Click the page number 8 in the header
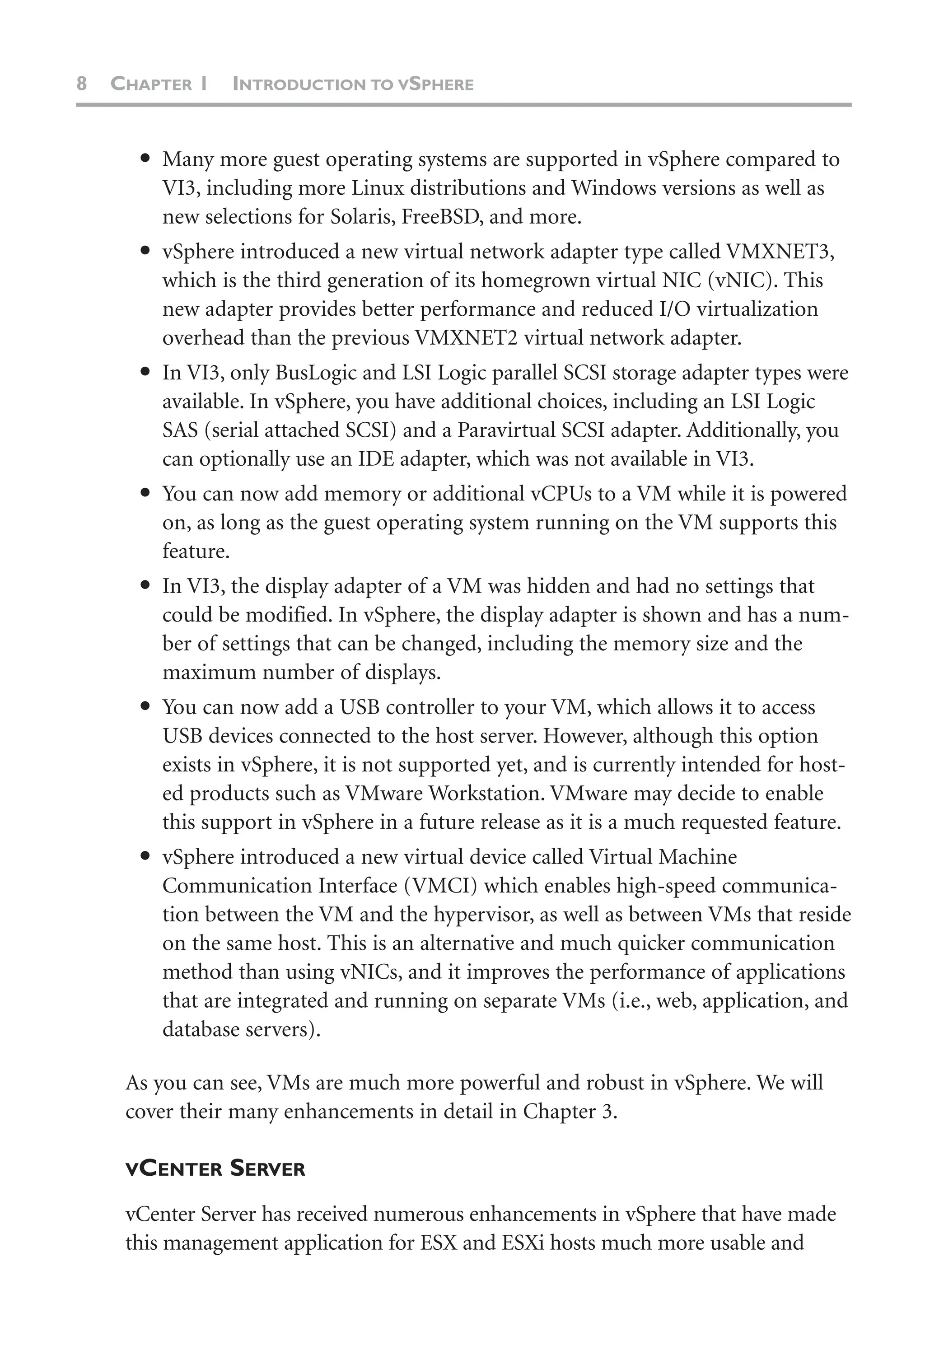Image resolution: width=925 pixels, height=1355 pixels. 82,84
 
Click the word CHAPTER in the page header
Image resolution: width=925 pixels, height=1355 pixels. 151,84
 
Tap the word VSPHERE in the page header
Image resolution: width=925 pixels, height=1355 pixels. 435,84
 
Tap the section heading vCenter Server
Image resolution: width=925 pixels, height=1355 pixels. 215,1168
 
